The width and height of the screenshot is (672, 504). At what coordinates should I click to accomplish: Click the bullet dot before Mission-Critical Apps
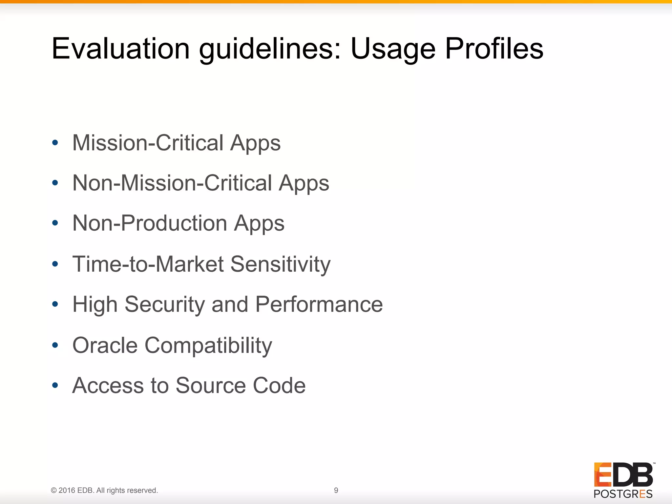[55, 143]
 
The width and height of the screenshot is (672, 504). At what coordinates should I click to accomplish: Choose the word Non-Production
[150, 223]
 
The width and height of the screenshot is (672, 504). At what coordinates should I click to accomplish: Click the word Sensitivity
[281, 264]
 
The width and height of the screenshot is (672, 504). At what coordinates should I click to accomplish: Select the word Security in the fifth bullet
[164, 304]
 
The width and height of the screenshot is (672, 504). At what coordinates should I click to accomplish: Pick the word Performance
[319, 304]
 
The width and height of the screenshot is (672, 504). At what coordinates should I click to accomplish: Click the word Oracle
[105, 345]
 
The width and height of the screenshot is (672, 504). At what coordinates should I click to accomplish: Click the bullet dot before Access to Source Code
[55, 385]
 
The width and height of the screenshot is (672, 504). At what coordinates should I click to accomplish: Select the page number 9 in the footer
[336, 490]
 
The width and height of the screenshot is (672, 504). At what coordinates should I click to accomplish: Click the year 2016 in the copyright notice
[67, 491]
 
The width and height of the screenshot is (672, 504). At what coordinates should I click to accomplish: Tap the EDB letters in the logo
[623, 474]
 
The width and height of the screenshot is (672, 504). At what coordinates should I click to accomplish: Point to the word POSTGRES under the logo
[623, 494]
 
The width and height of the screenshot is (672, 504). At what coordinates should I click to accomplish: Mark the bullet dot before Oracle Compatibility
[55, 345]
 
